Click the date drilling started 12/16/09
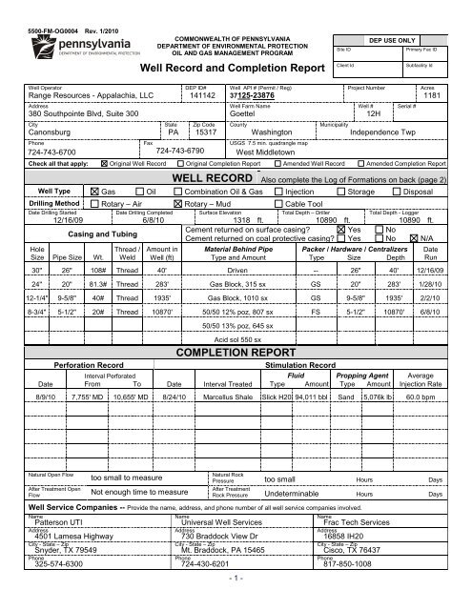[x=42, y=218]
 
